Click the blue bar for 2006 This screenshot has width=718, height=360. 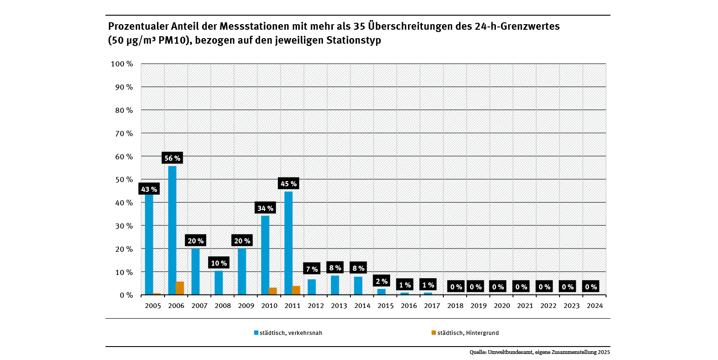(172, 230)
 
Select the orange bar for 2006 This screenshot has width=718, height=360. (180, 288)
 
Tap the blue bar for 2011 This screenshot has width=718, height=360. (288, 243)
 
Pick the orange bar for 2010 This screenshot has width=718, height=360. (273, 291)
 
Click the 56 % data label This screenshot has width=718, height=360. (172, 158)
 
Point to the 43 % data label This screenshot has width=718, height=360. (149, 189)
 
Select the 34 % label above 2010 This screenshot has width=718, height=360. (265, 208)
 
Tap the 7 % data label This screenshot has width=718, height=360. (312, 269)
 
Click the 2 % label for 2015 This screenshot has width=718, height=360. (382, 281)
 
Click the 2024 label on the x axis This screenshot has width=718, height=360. (594, 306)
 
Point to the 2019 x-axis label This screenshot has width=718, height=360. (478, 306)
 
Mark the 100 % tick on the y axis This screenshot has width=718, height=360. (122, 64)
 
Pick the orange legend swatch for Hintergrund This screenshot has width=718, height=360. (434, 333)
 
